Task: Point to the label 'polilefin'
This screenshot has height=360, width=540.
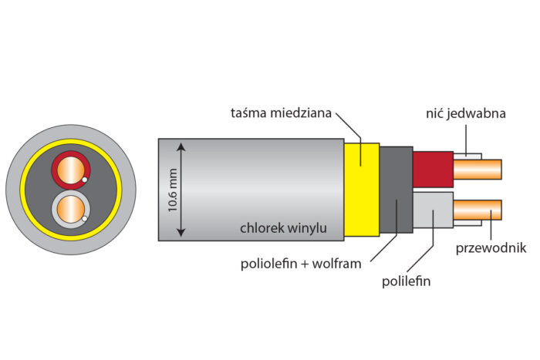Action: coord(407,281)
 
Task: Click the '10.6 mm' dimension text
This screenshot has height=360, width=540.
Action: coord(173,190)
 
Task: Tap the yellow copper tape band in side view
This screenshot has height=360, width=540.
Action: coord(361,188)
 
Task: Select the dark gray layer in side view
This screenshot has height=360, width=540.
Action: coord(396,189)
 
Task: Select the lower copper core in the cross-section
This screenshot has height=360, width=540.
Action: coord(70,208)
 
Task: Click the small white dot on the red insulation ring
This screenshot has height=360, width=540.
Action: coord(85,180)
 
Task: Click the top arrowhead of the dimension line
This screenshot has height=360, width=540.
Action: coord(183,145)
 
